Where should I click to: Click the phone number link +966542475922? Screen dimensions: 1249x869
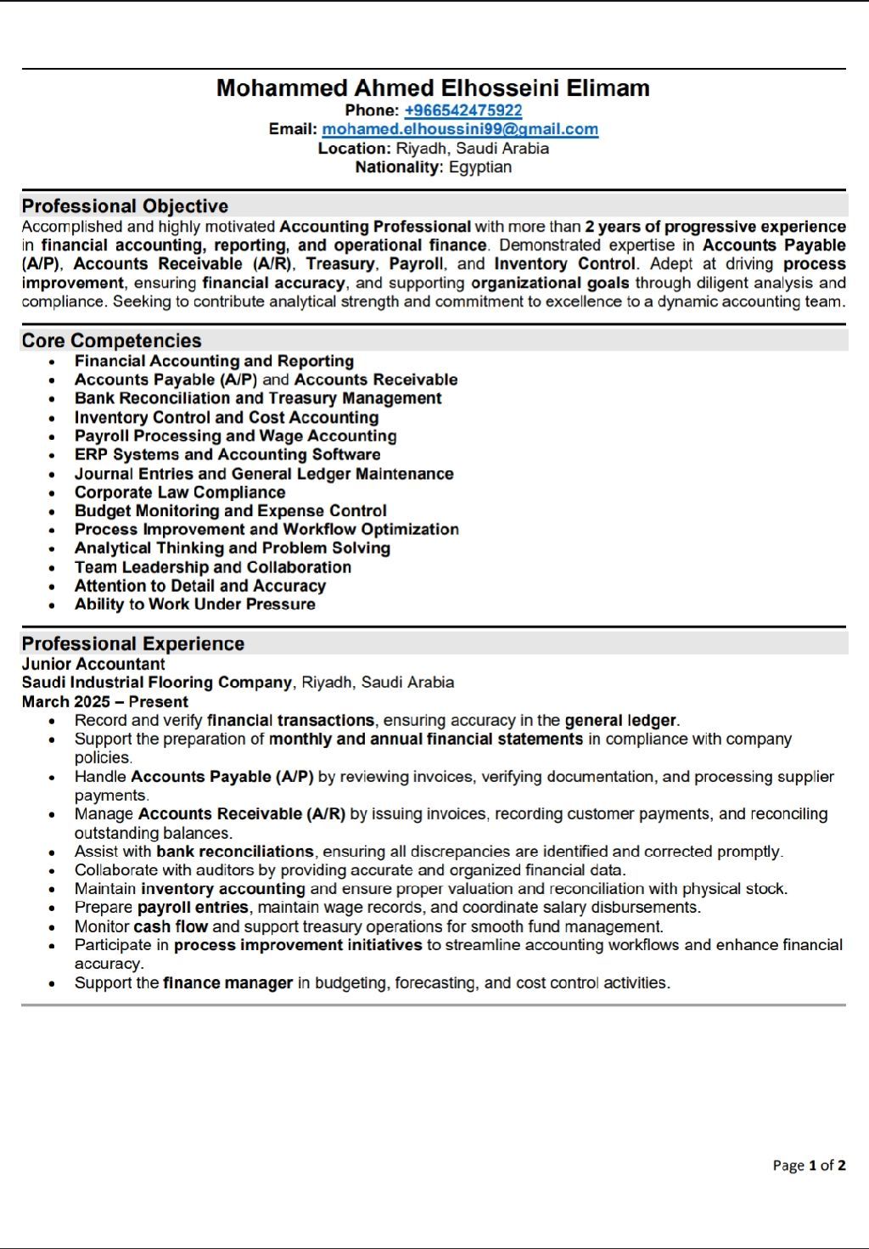pos(463,110)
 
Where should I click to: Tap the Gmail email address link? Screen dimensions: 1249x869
pos(460,129)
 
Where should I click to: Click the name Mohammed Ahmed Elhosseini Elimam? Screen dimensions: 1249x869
pos(433,88)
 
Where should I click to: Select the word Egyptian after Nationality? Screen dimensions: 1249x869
pos(480,167)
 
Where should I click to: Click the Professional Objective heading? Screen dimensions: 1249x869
pos(125,206)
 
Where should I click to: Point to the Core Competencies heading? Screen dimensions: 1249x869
pos(111,340)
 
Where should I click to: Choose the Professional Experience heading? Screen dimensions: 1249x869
pos(132,644)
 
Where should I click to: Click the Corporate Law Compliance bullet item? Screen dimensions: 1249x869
pos(180,492)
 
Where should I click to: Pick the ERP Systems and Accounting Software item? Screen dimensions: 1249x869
pos(227,455)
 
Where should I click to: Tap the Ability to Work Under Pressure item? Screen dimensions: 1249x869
pos(195,605)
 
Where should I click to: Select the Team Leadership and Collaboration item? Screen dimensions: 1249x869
pos(213,567)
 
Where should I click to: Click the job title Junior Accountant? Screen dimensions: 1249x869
pos(93,664)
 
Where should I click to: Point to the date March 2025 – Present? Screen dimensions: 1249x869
pos(105,702)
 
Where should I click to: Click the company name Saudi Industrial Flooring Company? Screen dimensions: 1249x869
pos(157,683)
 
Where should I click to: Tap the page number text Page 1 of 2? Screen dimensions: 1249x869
pos(809,1165)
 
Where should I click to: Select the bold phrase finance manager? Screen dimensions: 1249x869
pos(227,983)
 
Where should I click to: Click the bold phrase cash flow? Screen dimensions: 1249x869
pos(171,927)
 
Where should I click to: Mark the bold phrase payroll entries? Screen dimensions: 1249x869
pos(193,908)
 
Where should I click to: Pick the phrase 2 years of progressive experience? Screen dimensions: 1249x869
pos(715,227)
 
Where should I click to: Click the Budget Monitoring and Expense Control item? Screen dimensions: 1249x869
pos(231,511)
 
